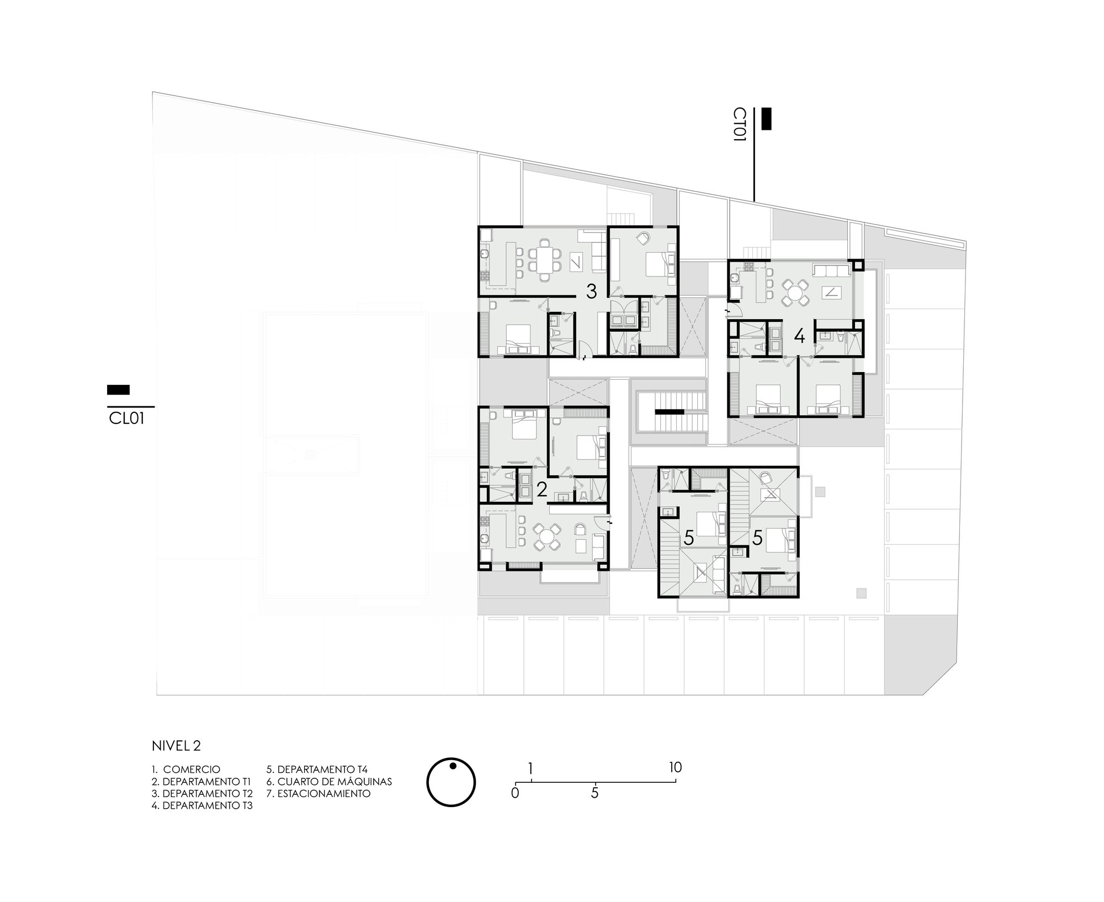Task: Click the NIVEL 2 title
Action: (x=176, y=746)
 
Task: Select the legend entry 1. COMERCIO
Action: (x=186, y=770)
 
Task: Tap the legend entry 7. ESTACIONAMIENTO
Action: (x=319, y=794)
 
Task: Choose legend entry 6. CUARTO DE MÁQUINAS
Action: (x=329, y=782)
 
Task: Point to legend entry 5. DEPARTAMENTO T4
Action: (x=317, y=770)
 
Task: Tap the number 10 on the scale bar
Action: (x=675, y=767)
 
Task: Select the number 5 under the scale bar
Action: (x=595, y=793)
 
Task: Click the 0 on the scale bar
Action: (x=516, y=793)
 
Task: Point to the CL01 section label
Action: (x=126, y=419)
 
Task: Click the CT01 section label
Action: (x=739, y=125)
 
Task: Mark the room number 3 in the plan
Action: (x=591, y=291)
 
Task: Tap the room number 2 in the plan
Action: (x=542, y=489)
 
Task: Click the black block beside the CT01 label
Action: (x=766, y=119)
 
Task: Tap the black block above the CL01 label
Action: (x=118, y=390)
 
